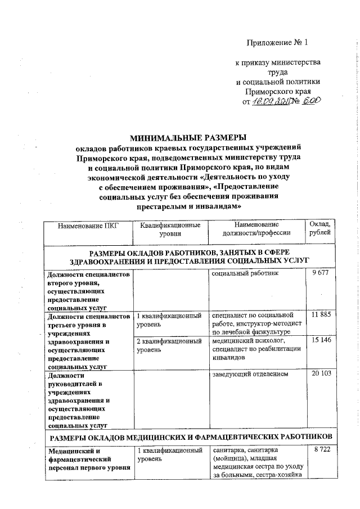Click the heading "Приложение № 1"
point(278,43)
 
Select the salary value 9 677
point(320,274)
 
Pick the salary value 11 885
point(320,315)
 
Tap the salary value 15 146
point(320,341)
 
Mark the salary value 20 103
point(320,375)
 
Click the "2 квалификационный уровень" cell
point(169,345)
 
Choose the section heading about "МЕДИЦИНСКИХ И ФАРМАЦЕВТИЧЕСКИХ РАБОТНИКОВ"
point(191,438)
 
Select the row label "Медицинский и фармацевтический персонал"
point(88,459)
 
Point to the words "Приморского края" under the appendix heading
point(278,91)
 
